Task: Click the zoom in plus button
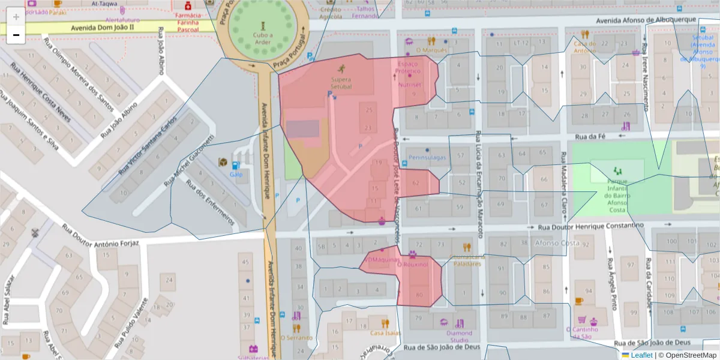coord(16,17)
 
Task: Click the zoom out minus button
coord(16,35)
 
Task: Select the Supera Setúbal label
coord(341,83)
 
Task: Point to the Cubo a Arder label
coord(262,38)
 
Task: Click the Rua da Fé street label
coord(589,137)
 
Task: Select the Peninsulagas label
coord(427,158)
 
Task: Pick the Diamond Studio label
coord(459,337)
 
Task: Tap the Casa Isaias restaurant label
coord(385,333)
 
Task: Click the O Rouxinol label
coord(412,264)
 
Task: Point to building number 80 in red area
coord(419,295)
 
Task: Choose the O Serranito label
coord(295,338)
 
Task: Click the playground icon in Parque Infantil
coord(617,172)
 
